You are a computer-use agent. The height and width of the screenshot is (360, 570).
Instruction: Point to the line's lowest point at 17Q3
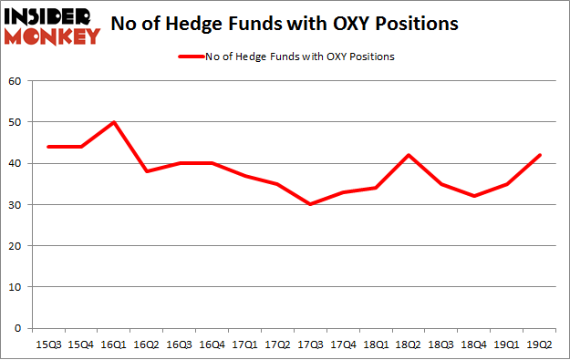[x=310, y=204]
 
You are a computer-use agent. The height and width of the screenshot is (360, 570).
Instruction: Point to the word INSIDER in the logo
[x=49, y=16]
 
